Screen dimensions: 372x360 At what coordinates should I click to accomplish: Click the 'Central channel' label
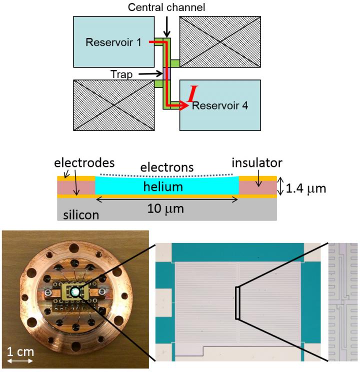coord(166,7)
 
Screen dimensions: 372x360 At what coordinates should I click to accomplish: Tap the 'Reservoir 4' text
coord(220,105)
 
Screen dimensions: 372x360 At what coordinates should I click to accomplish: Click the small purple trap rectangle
coord(167,73)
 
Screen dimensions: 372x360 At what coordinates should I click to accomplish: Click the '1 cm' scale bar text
coord(20,352)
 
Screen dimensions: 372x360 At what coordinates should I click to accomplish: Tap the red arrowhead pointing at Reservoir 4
coord(184,105)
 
